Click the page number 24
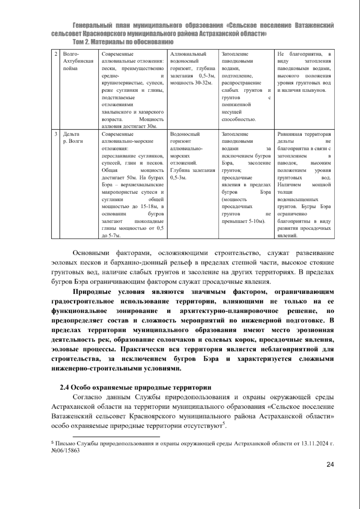pyautogui.click(x=330, y=464)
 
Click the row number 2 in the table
pyautogui.click(x=56, y=54)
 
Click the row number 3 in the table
pyautogui.click(x=56, y=134)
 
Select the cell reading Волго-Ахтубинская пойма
pyautogui.click(x=78, y=61)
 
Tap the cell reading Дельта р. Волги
pyautogui.click(x=73, y=138)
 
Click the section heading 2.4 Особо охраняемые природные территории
pyautogui.click(x=136, y=387)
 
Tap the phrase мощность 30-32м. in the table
pyautogui.click(x=191, y=83)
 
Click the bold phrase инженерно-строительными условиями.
pyautogui.click(x=116, y=368)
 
